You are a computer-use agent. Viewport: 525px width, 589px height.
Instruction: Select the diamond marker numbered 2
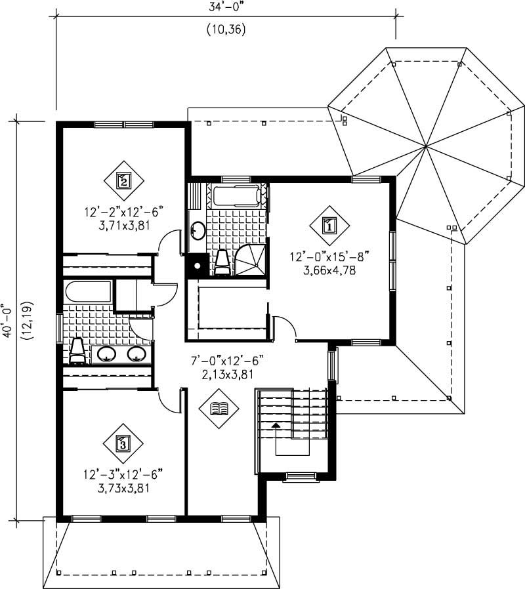(x=123, y=180)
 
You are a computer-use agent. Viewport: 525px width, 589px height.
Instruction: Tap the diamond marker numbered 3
(x=123, y=444)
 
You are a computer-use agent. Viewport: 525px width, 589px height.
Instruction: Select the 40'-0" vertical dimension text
(x=8, y=319)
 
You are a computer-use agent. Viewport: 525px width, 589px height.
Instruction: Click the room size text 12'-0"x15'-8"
(x=330, y=258)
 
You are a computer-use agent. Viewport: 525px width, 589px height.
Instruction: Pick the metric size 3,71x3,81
(x=123, y=224)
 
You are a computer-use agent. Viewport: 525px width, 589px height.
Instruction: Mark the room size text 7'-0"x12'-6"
(x=219, y=361)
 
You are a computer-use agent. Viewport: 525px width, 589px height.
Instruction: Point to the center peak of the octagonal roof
(x=426, y=145)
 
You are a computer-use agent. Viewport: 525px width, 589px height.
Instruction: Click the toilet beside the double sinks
(x=77, y=351)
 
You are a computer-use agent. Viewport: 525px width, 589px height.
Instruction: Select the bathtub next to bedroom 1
(x=237, y=195)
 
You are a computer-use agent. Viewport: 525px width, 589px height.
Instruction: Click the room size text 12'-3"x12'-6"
(x=123, y=475)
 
